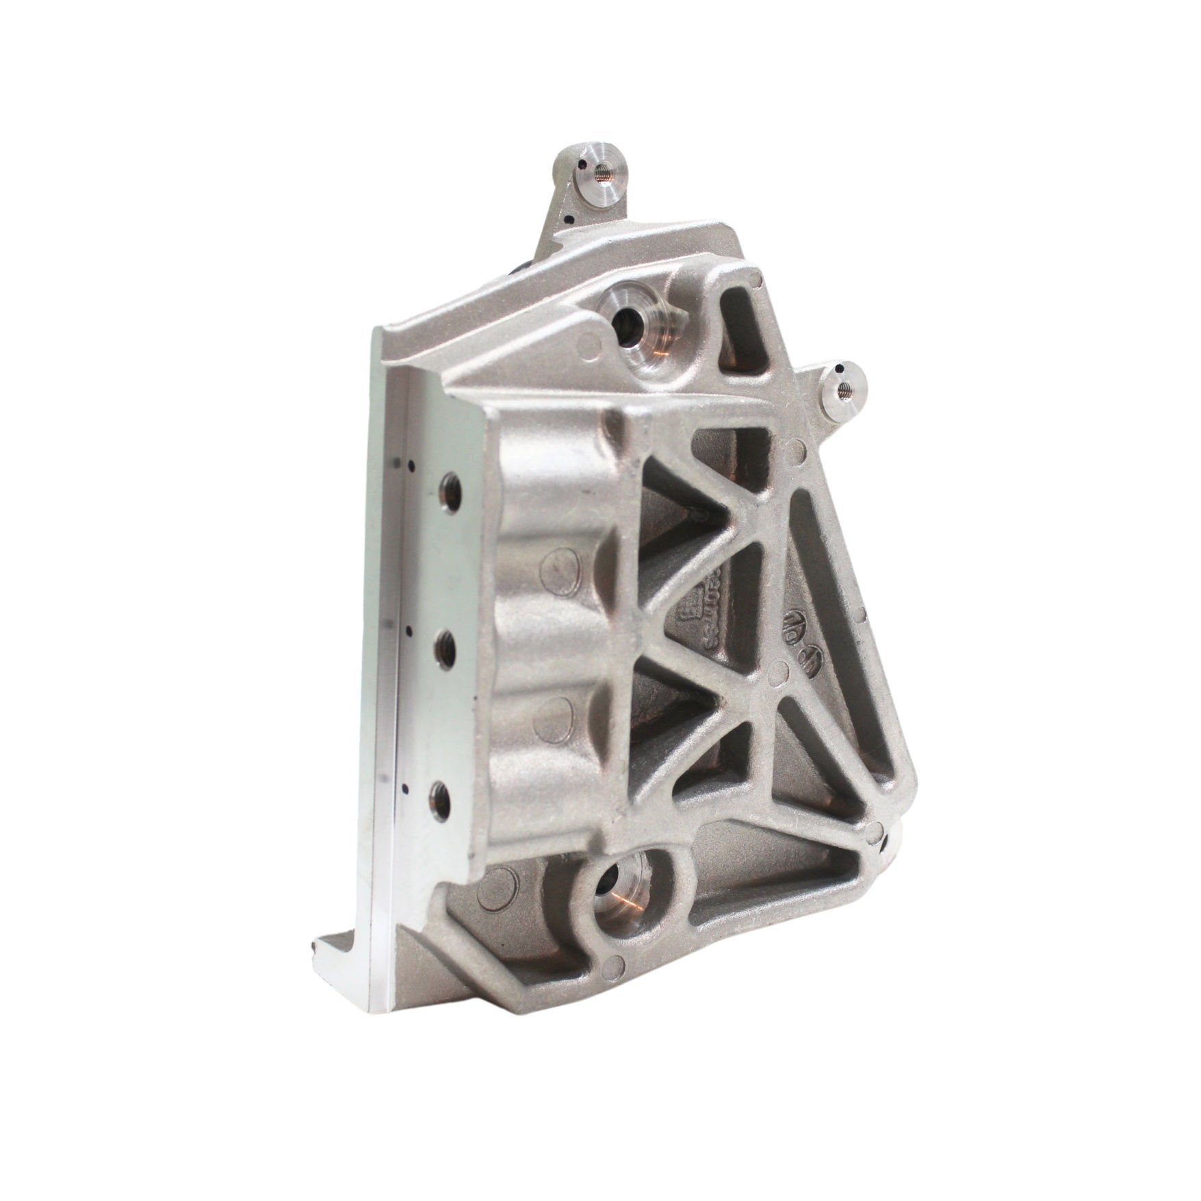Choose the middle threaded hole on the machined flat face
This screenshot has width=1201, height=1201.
point(448,643)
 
